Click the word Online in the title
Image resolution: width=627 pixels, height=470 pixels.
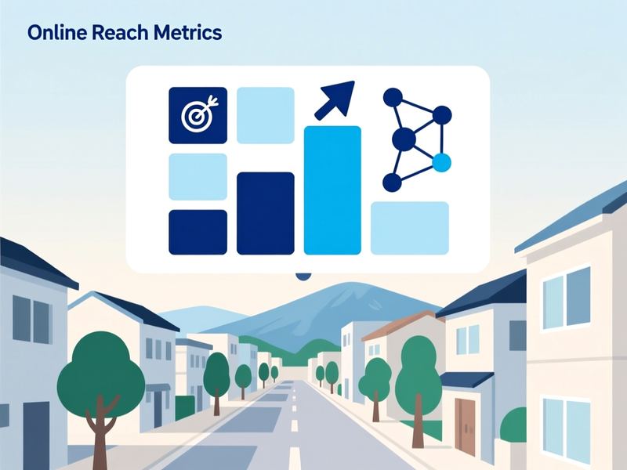[x=57, y=32]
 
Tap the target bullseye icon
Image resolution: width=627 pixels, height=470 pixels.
[x=198, y=115]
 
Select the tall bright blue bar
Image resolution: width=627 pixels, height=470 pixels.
[x=332, y=190]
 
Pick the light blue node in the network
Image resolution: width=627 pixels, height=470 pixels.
[x=441, y=163]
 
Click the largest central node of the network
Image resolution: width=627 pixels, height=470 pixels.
[x=404, y=139]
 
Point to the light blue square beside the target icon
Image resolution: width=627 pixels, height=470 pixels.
[x=266, y=115]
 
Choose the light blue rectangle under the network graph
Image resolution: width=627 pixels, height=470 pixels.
[x=410, y=228]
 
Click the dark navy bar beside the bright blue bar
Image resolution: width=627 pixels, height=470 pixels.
[x=266, y=213]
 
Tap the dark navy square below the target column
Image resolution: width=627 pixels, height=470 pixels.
[x=198, y=232]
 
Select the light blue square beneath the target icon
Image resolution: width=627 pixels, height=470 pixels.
[x=198, y=177]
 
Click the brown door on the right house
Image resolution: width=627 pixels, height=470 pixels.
[x=466, y=422]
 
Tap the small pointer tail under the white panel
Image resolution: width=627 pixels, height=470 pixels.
[x=303, y=277]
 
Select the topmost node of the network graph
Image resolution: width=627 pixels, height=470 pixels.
[x=393, y=97]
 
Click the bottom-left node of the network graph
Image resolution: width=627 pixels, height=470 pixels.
[x=392, y=183]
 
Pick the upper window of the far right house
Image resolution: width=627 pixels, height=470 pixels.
[x=567, y=298]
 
